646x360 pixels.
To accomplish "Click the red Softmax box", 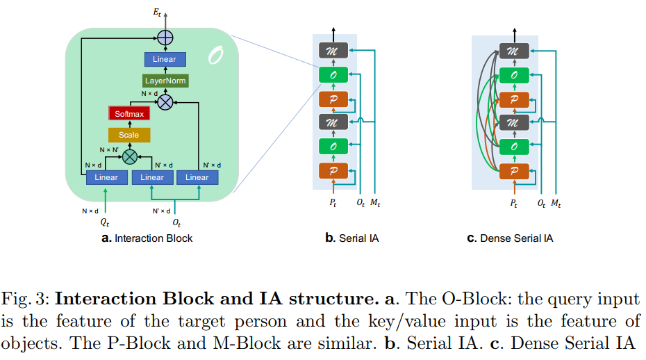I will tap(129, 113).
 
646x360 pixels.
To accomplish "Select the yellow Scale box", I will tap(129, 135).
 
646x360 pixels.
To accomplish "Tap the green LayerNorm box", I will tap(165, 81).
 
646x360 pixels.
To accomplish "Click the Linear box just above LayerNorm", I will tap(165, 60).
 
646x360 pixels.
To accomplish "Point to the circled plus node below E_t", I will tap(165, 38).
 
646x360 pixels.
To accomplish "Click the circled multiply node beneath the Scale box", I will tap(129, 156).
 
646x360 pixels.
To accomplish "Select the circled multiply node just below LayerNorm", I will tap(165, 103).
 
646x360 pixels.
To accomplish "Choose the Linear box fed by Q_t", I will tap(106, 177).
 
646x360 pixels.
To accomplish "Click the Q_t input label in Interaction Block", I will tap(106, 224).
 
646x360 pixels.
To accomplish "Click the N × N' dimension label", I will tap(110, 149).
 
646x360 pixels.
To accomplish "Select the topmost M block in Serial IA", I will tap(333, 51).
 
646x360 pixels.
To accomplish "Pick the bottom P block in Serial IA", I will tap(333, 170).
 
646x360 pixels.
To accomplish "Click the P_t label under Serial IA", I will tap(333, 204).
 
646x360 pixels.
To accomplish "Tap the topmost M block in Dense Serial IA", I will tap(514, 51).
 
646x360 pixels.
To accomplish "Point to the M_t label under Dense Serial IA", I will tap(556, 204).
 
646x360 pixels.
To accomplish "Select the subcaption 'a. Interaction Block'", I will tap(147, 238).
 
